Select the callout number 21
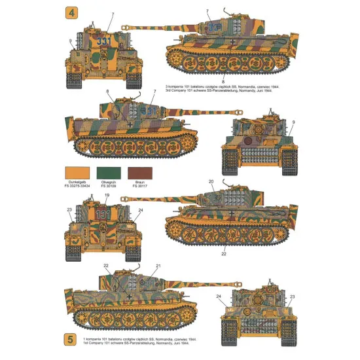(x=158, y=266)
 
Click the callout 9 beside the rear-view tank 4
(x=294, y=122)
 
